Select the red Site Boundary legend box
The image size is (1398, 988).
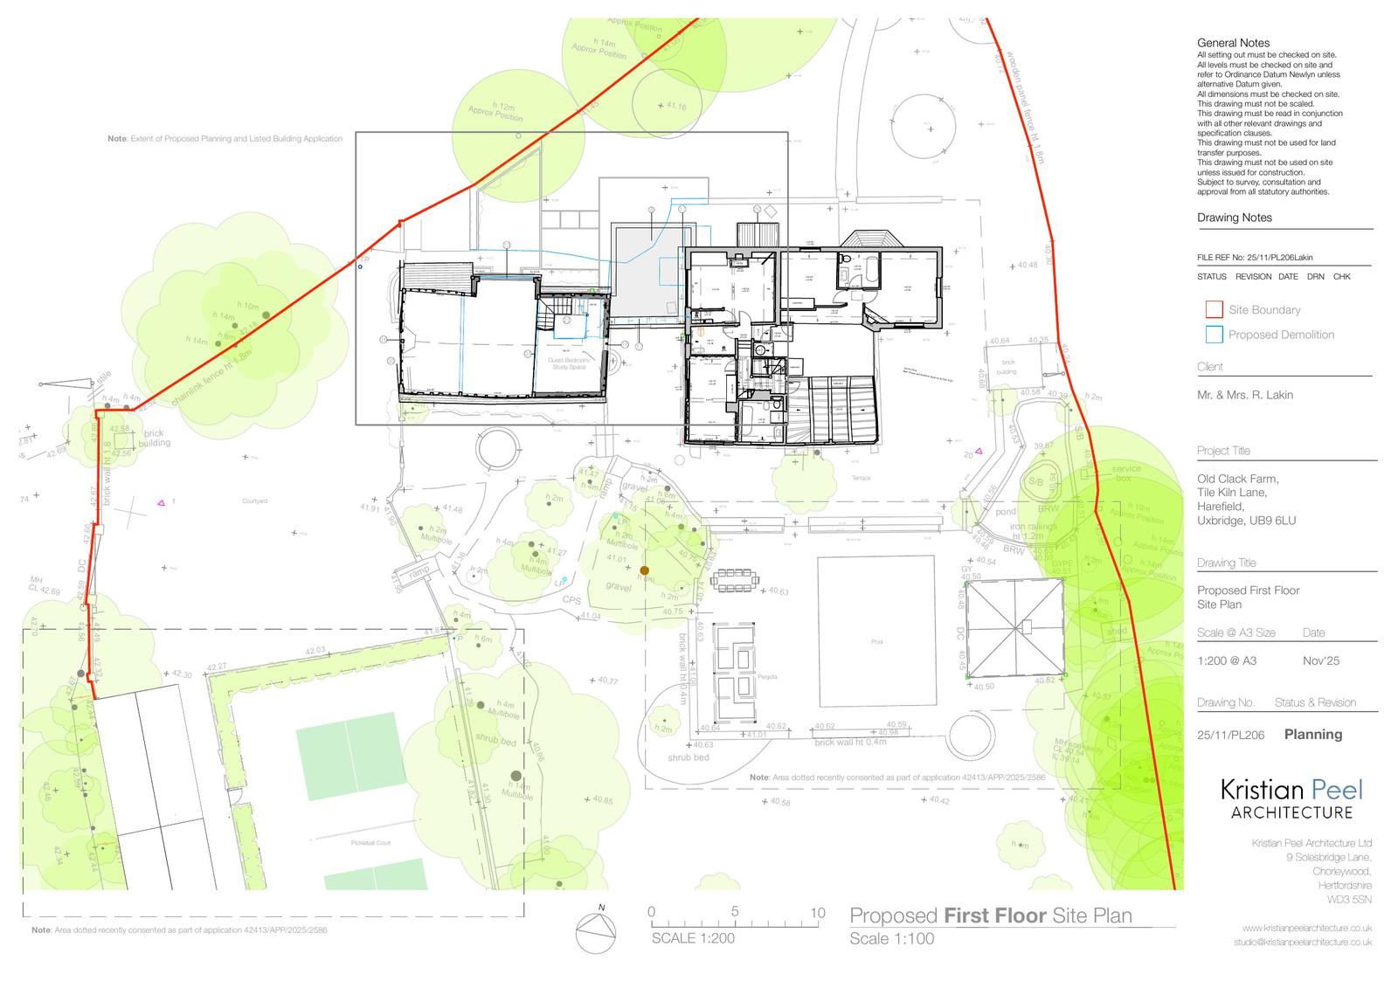click(x=1214, y=309)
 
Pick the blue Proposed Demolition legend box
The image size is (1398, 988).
click(x=1214, y=335)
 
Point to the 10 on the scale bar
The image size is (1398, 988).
click(x=817, y=913)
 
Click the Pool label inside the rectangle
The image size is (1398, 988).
click(x=876, y=642)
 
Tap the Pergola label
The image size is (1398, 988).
click(x=744, y=677)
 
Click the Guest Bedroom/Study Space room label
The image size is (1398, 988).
click(x=570, y=363)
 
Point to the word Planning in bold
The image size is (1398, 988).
click(x=1312, y=735)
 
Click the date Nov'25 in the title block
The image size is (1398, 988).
click(x=1320, y=661)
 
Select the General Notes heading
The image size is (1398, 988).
click(x=1233, y=43)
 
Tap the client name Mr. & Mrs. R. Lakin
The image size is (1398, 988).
click(x=1244, y=395)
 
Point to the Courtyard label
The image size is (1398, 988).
click(x=254, y=501)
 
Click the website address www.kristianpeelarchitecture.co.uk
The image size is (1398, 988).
click(x=1306, y=928)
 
